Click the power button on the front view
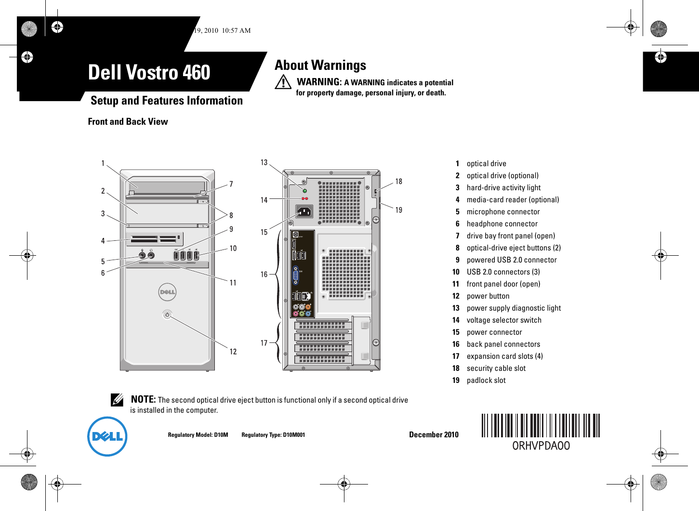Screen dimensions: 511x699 (167, 314)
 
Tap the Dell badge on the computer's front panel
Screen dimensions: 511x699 (167, 292)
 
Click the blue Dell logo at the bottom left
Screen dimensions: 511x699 (107, 436)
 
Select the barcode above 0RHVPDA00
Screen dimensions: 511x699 (541, 425)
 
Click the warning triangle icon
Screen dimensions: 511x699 (283, 82)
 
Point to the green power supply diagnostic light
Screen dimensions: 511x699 (304, 191)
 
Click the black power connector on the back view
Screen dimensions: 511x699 (304, 211)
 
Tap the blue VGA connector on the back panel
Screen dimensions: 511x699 (296, 275)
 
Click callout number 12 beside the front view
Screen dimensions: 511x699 (233, 352)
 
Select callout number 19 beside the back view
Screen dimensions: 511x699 (399, 210)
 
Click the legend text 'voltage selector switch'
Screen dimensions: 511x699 (504, 320)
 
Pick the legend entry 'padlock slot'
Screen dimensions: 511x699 (486, 380)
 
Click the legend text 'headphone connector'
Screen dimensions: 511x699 (502, 224)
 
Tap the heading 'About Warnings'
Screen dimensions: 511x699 (320, 65)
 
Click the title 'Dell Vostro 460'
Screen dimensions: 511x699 (149, 73)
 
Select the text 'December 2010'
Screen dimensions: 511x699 (434, 434)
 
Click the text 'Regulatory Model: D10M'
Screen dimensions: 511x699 (198, 435)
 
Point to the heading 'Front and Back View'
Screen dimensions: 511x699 (128, 122)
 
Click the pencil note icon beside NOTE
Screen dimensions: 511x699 (117, 400)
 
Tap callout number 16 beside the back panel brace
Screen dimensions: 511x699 (264, 275)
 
